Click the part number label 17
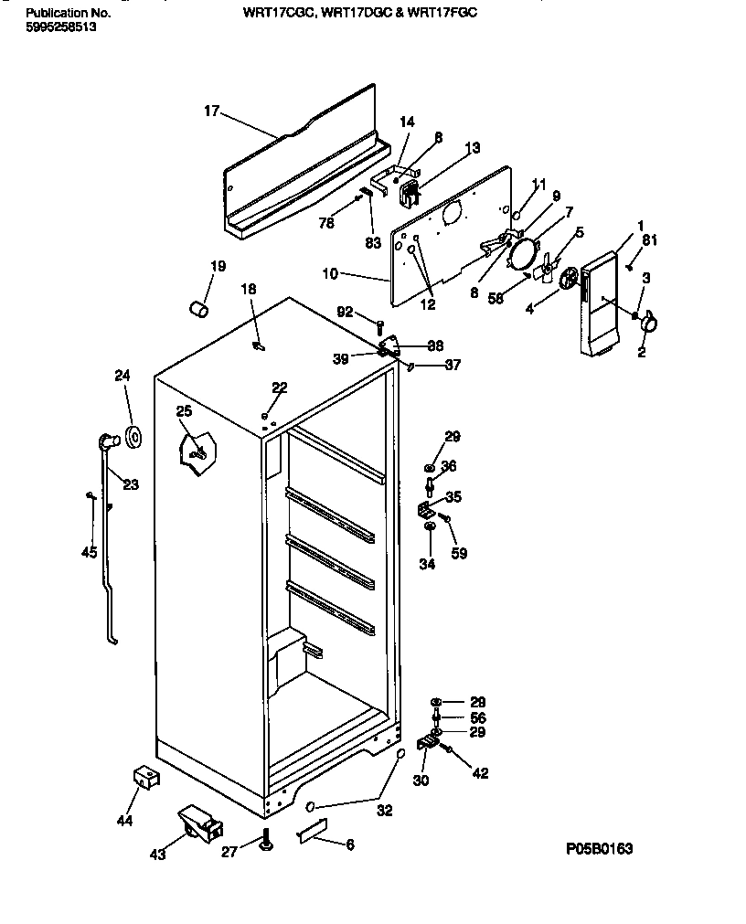[211, 112]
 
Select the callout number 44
[125, 821]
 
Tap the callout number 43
[157, 855]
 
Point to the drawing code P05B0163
[599, 849]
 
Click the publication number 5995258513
[60, 27]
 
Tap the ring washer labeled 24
[134, 438]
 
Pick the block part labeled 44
[143, 779]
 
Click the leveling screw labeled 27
[265, 840]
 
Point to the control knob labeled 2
[649, 321]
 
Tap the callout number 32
[385, 810]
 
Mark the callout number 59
[459, 553]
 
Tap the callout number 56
[476, 717]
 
